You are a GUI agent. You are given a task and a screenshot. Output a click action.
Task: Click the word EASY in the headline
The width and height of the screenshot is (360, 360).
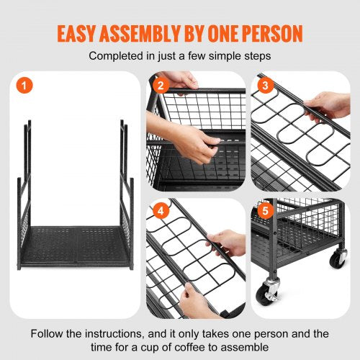pos(81,33)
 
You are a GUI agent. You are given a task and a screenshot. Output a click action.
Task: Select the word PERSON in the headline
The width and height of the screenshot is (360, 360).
pos(273,33)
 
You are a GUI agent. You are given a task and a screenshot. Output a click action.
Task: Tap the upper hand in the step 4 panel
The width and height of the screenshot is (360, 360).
pos(229,241)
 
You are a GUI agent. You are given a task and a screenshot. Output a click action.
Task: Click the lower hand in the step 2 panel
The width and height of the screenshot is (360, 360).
pos(192,140)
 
